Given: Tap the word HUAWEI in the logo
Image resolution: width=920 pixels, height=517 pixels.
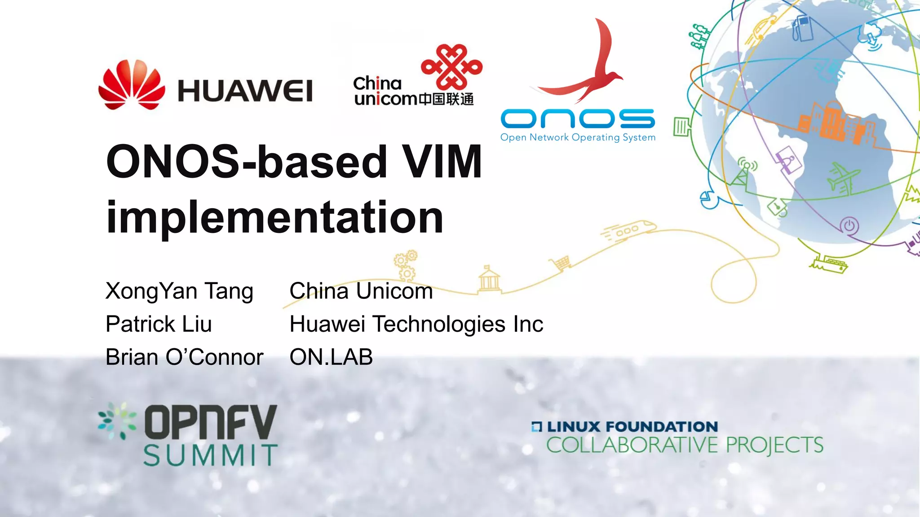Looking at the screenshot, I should tap(245, 91).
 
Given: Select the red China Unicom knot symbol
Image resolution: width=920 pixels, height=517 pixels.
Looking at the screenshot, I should tap(451, 67).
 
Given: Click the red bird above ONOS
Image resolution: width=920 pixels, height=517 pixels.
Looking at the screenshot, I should tap(584, 67).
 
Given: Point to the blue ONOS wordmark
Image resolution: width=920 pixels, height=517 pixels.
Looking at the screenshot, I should tap(578, 118).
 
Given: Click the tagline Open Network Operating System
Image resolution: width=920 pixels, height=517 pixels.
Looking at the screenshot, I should tap(578, 137).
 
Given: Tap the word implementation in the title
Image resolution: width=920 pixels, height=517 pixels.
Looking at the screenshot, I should tap(274, 217).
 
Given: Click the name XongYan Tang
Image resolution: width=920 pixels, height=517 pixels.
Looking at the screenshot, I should tap(179, 291).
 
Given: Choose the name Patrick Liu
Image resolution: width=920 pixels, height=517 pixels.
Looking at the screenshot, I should tap(159, 324).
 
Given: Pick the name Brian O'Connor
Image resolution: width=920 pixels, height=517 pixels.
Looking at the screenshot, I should tap(184, 357).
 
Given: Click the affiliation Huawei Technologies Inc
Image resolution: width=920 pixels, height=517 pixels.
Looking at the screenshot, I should tap(416, 324).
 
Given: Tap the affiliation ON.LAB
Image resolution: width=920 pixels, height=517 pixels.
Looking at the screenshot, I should tap(331, 357).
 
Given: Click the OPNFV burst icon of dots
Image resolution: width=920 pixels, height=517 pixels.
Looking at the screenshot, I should tap(117, 421).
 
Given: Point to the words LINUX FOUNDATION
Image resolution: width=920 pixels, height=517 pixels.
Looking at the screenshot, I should tap(632, 426).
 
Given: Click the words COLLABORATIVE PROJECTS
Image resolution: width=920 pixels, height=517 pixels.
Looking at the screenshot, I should tap(685, 445).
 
